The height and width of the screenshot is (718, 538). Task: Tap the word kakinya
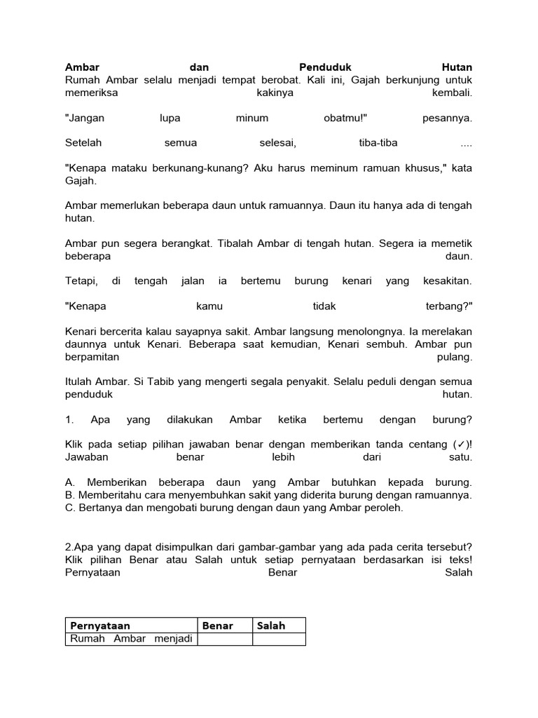click(275, 93)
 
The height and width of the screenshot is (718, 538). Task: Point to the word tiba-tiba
click(378, 143)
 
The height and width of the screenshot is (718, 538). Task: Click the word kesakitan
click(448, 281)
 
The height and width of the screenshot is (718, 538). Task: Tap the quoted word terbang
click(449, 306)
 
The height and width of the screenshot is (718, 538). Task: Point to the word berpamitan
click(92, 357)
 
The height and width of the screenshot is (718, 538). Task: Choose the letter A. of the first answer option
click(70, 483)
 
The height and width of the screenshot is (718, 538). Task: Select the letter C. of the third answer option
click(70, 508)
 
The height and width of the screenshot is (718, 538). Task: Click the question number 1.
click(69, 420)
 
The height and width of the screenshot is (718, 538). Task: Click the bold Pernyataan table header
click(99, 625)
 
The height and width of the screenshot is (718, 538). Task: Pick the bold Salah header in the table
click(271, 625)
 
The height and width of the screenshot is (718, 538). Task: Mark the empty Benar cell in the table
click(224, 639)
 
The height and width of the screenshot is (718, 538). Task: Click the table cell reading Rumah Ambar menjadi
click(130, 639)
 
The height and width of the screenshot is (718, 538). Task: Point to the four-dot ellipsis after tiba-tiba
click(467, 144)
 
